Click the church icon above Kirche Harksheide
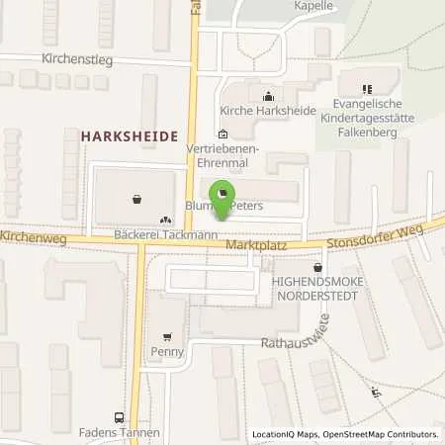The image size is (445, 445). pyautogui.click(x=268, y=96)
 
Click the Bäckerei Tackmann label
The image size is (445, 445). pyautogui.click(x=165, y=233)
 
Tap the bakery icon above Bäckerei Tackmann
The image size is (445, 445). pyautogui.click(x=164, y=220)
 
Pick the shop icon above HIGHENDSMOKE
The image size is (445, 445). pyautogui.click(x=316, y=267)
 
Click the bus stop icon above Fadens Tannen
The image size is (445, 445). pyautogui.click(x=120, y=417)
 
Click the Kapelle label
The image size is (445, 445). pyautogui.click(x=312, y=5)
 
